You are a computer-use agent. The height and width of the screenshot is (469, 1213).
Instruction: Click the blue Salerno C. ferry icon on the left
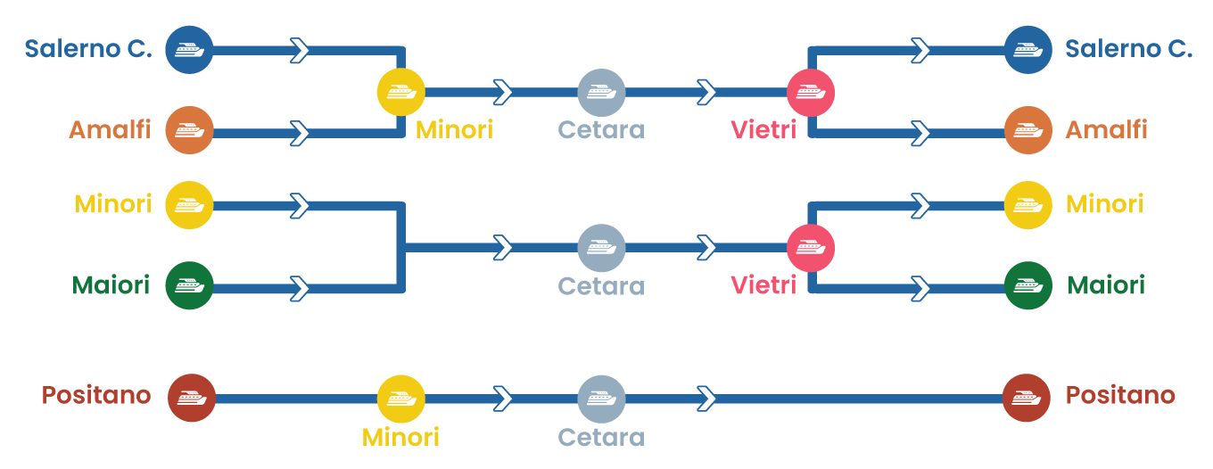(189, 50)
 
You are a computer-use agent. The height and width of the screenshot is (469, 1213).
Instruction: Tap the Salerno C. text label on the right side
(1128, 49)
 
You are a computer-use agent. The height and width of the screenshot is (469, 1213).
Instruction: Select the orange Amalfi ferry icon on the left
(189, 130)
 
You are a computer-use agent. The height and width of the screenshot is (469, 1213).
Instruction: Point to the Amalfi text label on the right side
(1106, 129)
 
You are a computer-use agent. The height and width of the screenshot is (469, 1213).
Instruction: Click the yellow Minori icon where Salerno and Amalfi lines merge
(400, 92)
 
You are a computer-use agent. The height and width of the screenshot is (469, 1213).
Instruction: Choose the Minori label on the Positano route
(400, 437)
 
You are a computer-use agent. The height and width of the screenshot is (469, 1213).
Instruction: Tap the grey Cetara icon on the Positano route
(601, 399)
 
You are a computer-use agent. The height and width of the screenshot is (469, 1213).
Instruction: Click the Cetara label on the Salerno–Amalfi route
(601, 129)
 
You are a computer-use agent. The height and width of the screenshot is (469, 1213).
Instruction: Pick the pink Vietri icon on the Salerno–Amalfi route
(810, 92)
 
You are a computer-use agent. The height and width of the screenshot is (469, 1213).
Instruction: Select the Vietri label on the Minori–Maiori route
(763, 285)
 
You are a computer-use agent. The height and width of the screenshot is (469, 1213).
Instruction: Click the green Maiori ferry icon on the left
(189, 285)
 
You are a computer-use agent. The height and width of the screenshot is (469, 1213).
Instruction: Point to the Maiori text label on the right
(1106, 285)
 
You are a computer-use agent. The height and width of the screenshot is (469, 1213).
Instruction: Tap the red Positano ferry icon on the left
(191, 398)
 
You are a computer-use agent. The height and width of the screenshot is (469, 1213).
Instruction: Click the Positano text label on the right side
(1120, 395)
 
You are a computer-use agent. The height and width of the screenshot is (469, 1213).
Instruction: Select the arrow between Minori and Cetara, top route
(503, 92)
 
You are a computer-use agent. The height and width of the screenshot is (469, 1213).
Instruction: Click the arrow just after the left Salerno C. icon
(300, 50)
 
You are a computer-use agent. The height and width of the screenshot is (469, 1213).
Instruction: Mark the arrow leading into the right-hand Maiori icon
(920, 288)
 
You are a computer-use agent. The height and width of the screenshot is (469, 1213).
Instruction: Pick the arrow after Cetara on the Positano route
(706, 399)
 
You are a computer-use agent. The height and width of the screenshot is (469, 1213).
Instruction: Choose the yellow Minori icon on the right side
(1027, 205)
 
